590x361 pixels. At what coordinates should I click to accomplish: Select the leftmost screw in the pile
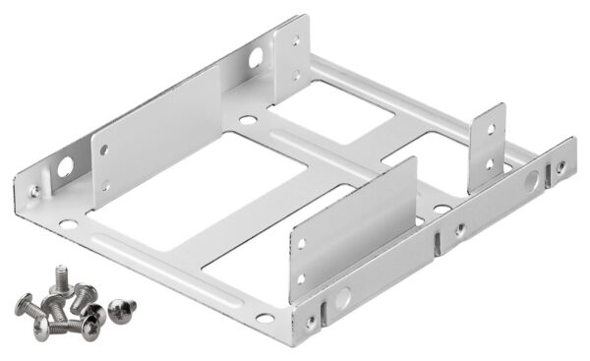[x=26, y=304]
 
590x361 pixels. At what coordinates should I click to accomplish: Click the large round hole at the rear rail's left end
[x=65, y=167]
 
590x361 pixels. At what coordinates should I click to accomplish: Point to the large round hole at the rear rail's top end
[x=256, y=58]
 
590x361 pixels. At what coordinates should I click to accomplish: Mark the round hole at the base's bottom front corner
[x=265, y=318]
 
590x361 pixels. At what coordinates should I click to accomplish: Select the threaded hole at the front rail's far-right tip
[x=561, y=167]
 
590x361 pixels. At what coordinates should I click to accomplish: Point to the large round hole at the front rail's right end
[x=531, y=181]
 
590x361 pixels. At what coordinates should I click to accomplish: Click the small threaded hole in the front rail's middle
[x=458, y=229]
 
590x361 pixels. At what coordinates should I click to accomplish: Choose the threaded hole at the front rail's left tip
[x=312, y=321]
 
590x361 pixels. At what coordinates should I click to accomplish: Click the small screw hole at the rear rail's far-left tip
[x=34, y=190]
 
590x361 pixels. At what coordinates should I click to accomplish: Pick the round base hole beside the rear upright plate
[x=247, y=122]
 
